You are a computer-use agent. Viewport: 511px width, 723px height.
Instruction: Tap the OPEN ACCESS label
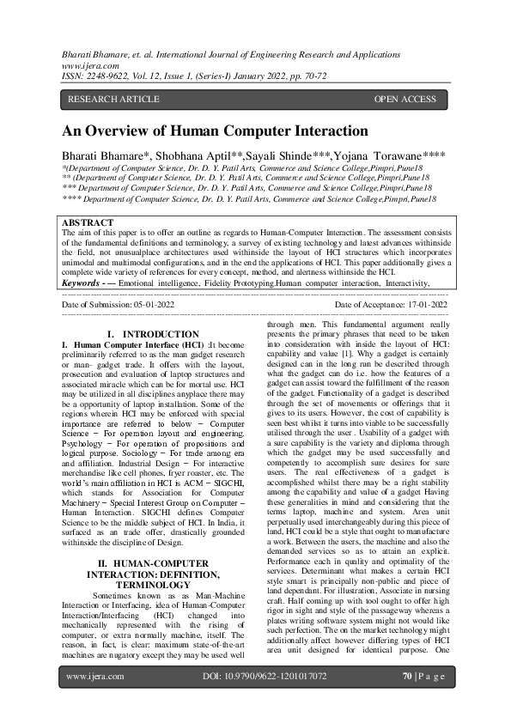(405, 100)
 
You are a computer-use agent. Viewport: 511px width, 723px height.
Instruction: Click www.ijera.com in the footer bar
(92, 701)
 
